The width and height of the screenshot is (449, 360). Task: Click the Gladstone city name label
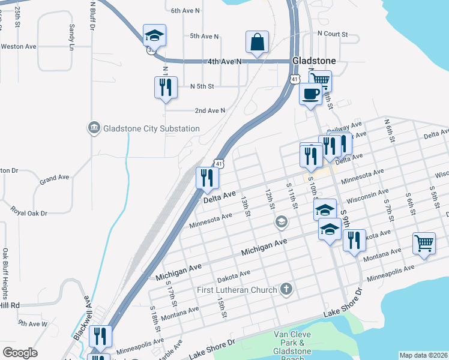pos(313,61)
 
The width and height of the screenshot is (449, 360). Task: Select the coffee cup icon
pos(310,94)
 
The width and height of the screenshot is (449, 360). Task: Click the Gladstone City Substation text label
pos(151,128)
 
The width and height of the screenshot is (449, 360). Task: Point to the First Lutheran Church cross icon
pos(287,290)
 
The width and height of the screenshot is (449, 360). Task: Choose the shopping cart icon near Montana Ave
pos(424,244)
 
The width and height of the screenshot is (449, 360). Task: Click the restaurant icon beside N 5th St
pos(166,88)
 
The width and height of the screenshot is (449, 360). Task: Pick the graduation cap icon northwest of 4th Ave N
pos(154,36)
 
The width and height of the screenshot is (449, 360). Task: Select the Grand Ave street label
pos(55,178)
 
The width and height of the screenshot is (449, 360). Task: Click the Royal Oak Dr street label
pos(28,212)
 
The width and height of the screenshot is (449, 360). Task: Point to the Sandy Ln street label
pos(72,37)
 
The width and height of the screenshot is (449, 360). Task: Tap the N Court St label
pos(333,34)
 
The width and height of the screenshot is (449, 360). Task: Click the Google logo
pos(20,353)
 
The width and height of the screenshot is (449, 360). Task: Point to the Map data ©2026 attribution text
pos(423,355)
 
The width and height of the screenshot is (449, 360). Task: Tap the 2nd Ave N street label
pos(210,110)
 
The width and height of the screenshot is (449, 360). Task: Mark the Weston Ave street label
pos(19,46)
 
